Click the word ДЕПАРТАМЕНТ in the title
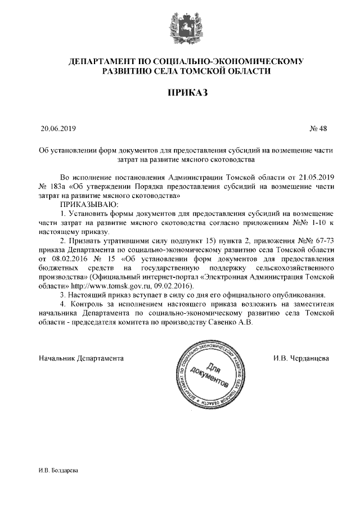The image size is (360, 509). (x=100, y=60)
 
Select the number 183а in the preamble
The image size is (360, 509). (x=59, y=186)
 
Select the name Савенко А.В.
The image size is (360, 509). (x=231, y=322)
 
